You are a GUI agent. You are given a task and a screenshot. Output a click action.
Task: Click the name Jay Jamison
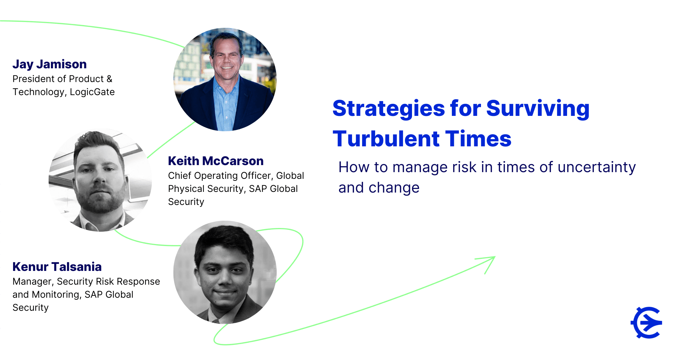point(50,64)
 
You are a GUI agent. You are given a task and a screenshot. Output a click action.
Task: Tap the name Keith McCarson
point(216,161)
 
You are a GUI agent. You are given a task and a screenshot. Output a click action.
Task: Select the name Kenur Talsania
point(57,267)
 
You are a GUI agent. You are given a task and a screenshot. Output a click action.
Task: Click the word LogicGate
point(92,92)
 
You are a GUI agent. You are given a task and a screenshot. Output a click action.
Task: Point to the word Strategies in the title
point(389,109)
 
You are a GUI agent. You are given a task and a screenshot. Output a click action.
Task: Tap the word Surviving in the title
point(538,109)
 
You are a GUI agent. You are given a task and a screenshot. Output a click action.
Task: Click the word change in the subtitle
point(394,188)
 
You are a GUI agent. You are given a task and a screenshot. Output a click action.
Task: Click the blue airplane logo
point(646,322)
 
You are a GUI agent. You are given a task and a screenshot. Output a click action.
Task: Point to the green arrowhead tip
point(495,257)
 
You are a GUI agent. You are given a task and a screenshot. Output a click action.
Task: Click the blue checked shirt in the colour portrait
point(226,107)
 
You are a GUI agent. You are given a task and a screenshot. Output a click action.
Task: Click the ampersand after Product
point(110,79)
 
